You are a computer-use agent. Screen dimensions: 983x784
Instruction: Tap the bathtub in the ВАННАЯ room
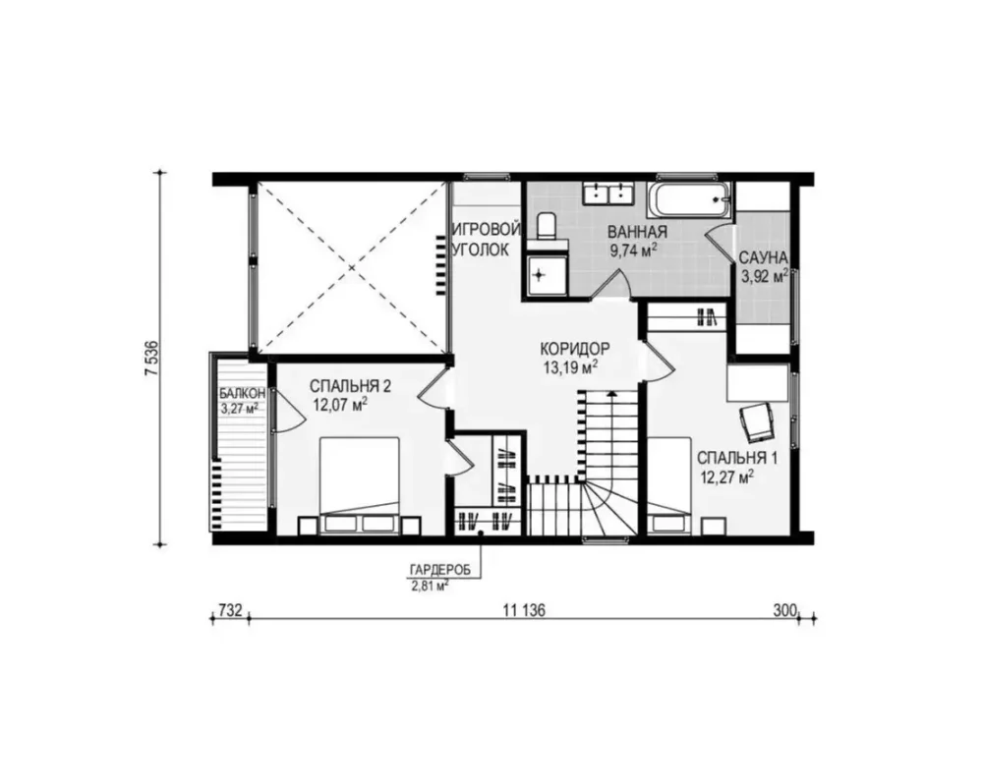coord(689,199)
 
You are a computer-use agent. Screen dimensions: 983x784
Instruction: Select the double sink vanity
coord(608,193)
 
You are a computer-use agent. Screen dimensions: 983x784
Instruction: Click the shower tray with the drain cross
coord(547,276)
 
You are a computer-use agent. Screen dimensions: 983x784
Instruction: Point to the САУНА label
coord(763,257)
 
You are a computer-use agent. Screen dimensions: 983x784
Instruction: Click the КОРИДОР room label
coord(574,349)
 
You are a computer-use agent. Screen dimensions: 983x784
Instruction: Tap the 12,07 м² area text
coord(340,405)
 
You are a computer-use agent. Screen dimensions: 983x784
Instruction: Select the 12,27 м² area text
coord(726,478)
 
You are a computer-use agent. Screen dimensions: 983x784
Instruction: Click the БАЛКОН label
coord(242,394)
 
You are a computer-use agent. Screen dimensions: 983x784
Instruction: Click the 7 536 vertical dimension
coord(151,358)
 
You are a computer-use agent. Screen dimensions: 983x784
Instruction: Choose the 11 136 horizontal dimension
coord(524,610)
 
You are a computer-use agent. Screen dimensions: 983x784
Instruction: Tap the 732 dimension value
coord(231,610)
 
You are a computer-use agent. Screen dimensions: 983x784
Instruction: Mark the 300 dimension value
coord(784,610)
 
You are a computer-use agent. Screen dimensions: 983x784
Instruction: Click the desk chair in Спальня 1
coord(757,423)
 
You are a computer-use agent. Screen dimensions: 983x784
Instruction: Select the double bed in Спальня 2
coord(360,485)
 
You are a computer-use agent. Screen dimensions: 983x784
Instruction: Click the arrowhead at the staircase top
coord(610,394)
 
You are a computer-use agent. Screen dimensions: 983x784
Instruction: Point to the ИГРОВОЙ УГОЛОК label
coord(487,239)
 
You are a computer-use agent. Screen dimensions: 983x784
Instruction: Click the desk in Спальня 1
coord(757,382)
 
